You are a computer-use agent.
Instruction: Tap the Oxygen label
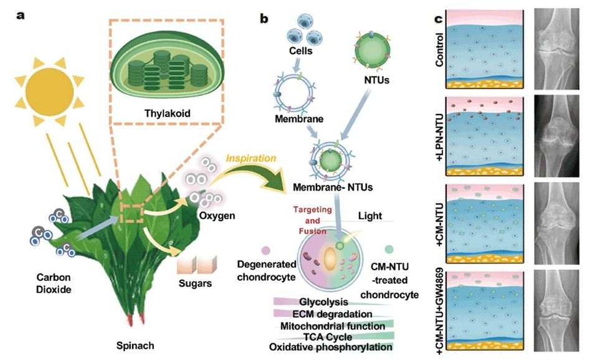coord(216,216)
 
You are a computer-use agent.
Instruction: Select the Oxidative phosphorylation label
coord(331,348)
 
